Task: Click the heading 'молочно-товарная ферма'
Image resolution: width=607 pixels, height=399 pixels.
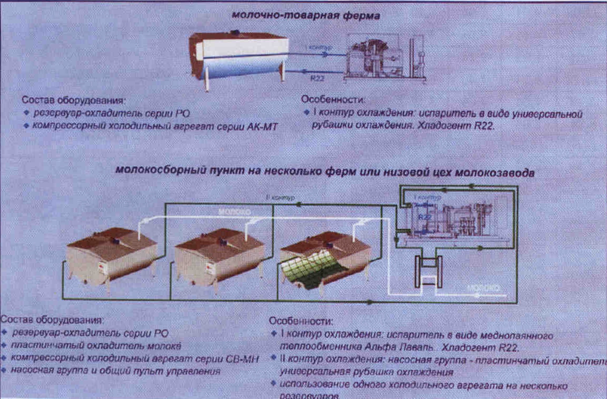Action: tap(306, 16)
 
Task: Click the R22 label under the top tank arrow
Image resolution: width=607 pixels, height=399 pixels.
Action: tap(317, 78)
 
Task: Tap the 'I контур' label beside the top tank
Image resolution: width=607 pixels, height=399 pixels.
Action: tap(319, 48)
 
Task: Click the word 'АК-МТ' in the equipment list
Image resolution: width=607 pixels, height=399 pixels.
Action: tap(262, 127)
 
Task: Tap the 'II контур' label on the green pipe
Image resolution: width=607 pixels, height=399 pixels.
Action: tap(280, 198)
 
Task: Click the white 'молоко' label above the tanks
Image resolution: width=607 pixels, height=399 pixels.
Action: tap(234, 212)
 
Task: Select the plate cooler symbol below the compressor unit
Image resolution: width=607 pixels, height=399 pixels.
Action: tap(428, 272)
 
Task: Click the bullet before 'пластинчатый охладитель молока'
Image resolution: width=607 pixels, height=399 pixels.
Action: tap(4, 345)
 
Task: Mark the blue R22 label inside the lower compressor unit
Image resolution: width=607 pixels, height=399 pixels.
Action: tap(424, 217)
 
